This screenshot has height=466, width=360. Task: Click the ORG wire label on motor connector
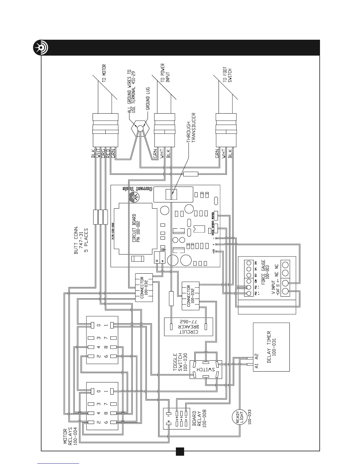point(103,154)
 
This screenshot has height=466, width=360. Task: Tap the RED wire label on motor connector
point(108,154)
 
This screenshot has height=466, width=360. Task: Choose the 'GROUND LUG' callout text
point(148,98)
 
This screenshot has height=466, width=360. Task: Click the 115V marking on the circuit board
point(163,249)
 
